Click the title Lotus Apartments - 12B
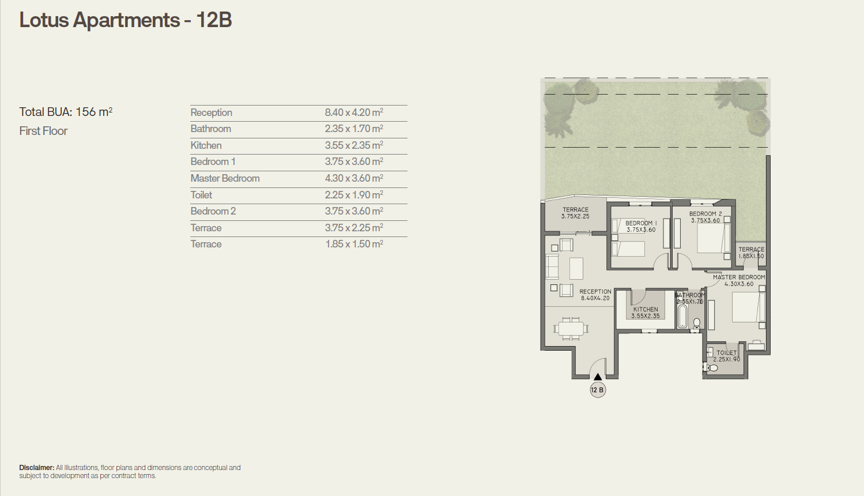click(126, 20)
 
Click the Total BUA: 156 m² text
click(66, 112)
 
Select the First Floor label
click(43, 131)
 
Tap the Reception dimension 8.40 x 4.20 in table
click(354, 112)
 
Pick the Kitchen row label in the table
click(206, 145)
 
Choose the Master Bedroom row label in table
click(225, 178)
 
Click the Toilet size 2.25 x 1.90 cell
click(354, 195)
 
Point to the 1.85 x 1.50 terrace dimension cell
click(354, 244)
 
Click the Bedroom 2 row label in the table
click(213, 211)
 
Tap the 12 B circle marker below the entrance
click(598, 390)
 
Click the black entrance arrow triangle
click(598, 377)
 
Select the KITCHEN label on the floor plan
click(646, 310)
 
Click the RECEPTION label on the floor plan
click(595, 292)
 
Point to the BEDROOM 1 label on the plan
click(641, 223)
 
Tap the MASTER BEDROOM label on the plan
click(739, 277)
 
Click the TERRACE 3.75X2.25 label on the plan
click(576, 213)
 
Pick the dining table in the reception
click(571, 329)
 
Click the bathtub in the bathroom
click(682, 316)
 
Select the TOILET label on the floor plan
click(726, 353)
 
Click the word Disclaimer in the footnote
click(36, 468)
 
